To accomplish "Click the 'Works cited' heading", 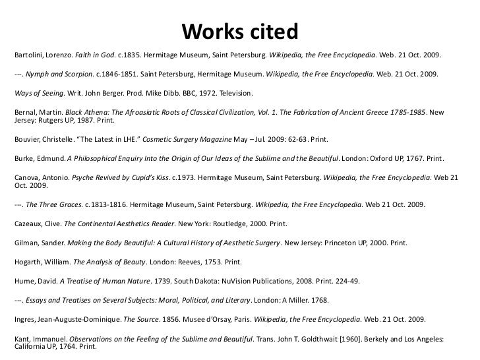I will coord(239,31).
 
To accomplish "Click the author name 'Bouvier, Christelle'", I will coord(42,140).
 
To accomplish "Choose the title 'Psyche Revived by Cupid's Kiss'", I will coord(121,176).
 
